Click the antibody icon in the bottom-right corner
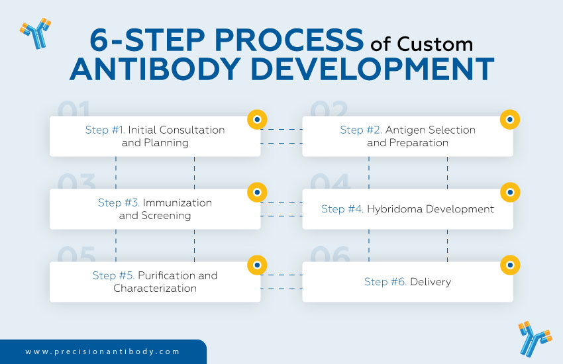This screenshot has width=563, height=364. (535, 338)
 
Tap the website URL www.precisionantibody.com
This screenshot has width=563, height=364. (103, 352)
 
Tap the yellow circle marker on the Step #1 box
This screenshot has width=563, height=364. (257, 120)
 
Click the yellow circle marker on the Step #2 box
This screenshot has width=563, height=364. (510, 120)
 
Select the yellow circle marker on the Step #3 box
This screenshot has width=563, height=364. (257, 193)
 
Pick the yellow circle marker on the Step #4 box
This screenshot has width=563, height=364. (510, 193)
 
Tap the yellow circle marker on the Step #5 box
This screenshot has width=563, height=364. (257, 265)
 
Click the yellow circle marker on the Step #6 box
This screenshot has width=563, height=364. (510, 265)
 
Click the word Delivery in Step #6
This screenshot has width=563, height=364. (431, 282)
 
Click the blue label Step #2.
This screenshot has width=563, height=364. (361, 130)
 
